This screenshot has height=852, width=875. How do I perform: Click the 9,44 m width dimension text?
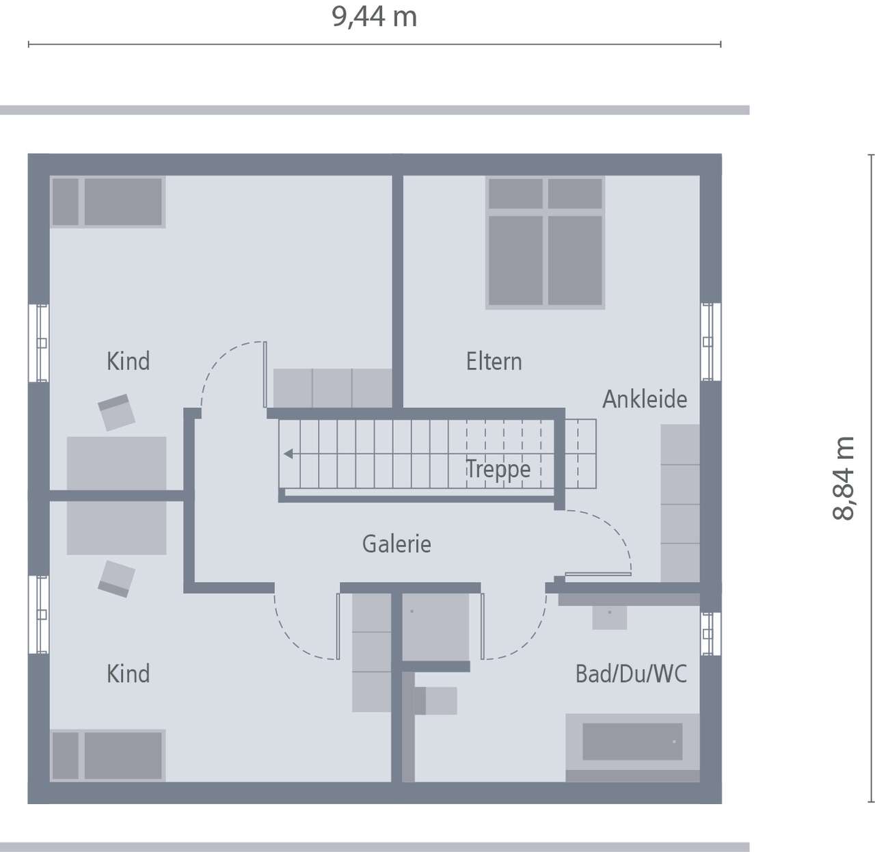coord(375,17)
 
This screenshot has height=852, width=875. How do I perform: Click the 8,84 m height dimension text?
coord(845,478)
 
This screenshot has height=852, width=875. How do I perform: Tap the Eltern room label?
coord(494,361)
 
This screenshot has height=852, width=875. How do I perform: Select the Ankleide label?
coord(644,399)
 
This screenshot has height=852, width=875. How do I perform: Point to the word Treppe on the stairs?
coord(498,470)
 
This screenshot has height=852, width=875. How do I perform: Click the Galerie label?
coord(396,544)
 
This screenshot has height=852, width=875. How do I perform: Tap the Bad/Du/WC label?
coord(630,674)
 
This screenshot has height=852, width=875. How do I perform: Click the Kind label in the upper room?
coord(128,361)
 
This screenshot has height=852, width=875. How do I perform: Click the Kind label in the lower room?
coord(128,674)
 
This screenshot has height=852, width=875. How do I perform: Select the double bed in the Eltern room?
coord(545,242)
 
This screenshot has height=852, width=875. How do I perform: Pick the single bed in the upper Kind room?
coord(108,202)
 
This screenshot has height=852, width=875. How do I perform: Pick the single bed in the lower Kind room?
coord(108,756)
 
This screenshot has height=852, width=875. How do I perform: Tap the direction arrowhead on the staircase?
coord(288,453)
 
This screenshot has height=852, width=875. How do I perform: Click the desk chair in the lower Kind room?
coord(116,578)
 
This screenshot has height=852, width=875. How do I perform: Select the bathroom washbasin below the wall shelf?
coord(609,617)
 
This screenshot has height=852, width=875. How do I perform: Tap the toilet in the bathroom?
coord(435,701)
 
